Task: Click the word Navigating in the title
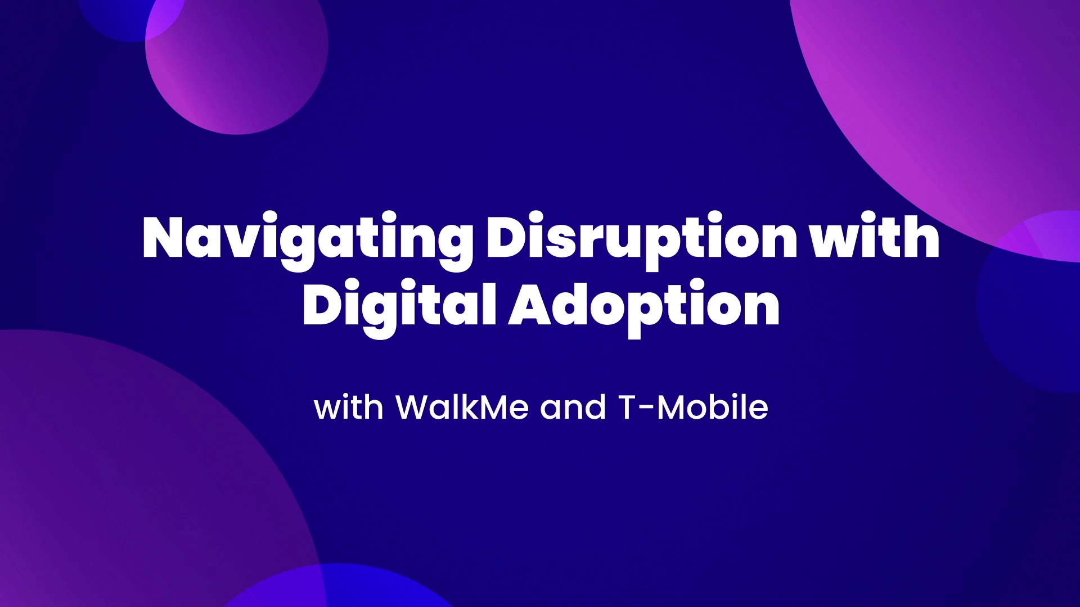[x=307, y=241]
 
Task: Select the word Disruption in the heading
[x=642, y=241]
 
